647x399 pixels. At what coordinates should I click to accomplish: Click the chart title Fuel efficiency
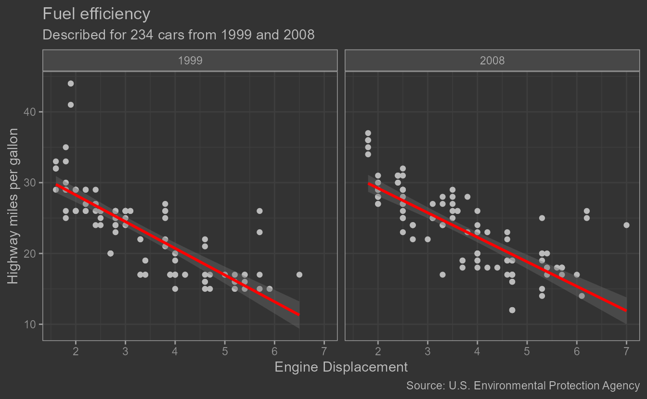[96, 14]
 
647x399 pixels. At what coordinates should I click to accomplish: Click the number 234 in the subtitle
[142, 35]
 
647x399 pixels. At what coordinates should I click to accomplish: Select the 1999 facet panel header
[190, 61]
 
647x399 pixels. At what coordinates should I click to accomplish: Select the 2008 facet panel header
[492, 61]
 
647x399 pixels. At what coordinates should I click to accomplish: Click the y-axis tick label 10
[32, 324]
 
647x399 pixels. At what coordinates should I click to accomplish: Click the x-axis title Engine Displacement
[341, 367]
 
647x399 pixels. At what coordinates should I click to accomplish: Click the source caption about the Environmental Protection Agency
[523, 386]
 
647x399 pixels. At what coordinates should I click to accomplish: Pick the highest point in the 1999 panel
[71, 84]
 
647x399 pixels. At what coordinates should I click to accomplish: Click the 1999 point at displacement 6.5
[299, 274]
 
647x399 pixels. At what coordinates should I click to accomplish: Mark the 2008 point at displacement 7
[626, 225]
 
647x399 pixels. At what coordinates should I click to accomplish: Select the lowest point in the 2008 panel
[512, 310]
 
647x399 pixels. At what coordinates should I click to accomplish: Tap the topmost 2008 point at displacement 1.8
[368, 133]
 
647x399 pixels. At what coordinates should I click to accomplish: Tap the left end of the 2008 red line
[369, 184]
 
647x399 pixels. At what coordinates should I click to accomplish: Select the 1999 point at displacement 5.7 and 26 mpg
[259, 211]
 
